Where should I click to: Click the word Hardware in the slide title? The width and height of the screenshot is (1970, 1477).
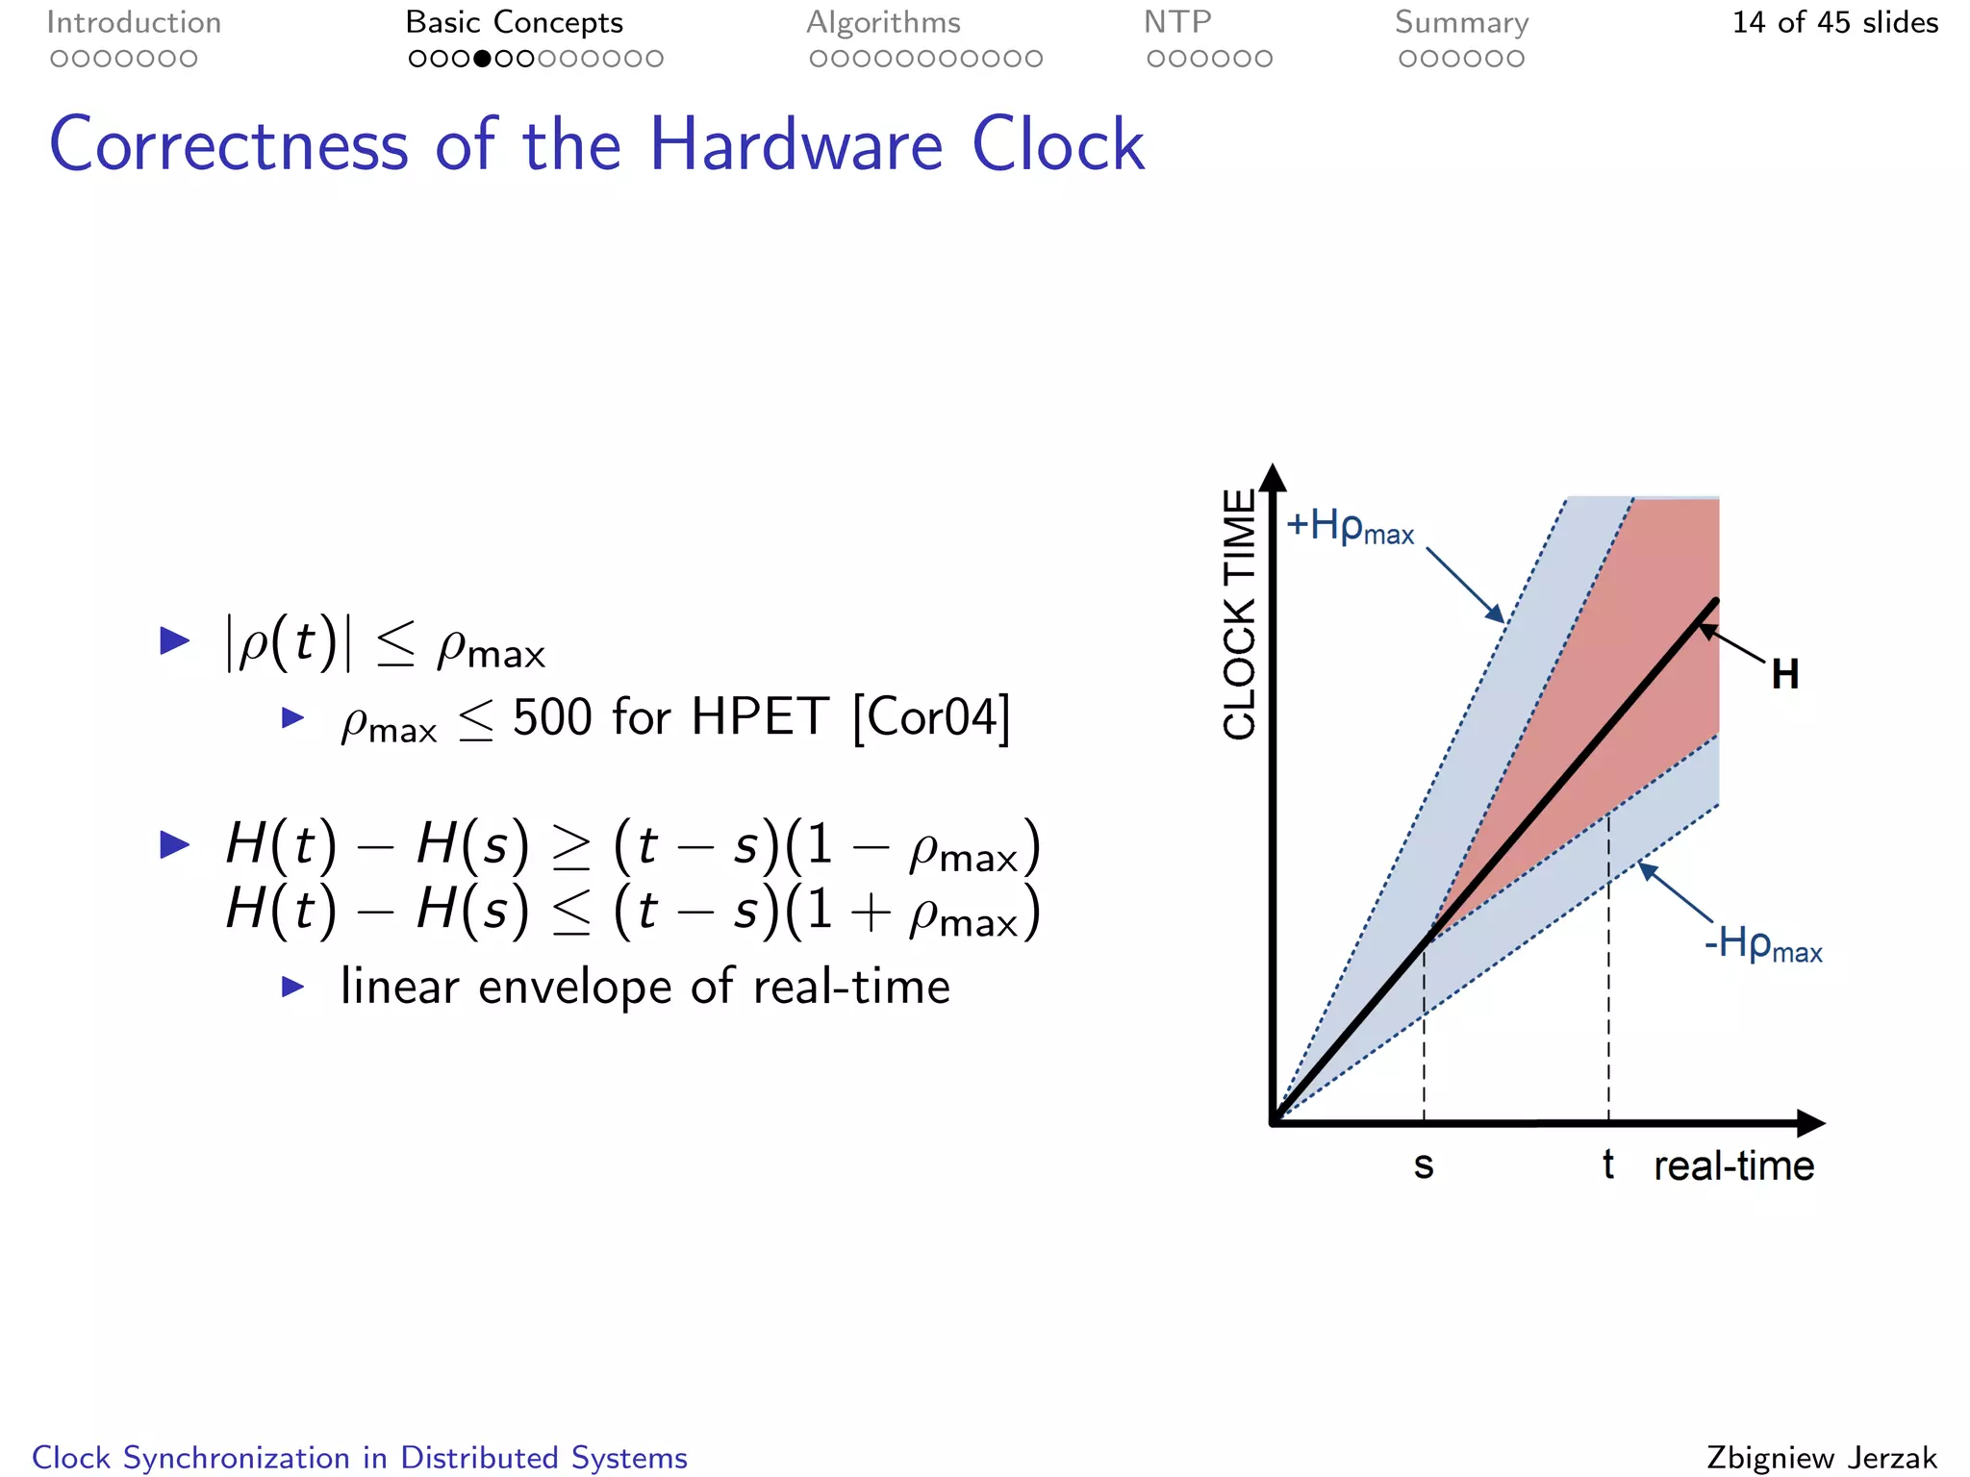[796, 145]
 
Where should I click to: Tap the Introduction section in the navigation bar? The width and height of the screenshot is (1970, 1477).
[134, 22]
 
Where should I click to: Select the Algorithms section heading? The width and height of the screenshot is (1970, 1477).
[883, 22]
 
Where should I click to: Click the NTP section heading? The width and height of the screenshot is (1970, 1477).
[1177, 22]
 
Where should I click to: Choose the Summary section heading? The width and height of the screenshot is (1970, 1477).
[1461, 22]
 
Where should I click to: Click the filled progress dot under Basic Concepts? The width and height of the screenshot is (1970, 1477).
[483, 59]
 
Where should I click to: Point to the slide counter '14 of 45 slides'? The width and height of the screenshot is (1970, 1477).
[1834, 22]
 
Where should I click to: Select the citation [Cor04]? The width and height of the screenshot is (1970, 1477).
[931, 717]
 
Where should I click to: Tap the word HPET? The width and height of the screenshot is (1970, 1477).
[760, 717]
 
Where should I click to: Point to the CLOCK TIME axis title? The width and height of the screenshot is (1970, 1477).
[1240, 614]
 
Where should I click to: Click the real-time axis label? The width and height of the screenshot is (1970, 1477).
[1733, 1165]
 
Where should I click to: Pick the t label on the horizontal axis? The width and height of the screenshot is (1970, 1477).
[1607, 1164]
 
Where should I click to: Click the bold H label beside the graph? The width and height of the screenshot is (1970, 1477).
[1785, 675]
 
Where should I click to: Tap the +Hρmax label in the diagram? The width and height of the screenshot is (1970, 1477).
[1350, 527]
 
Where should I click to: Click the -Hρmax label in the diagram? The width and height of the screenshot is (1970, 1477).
[1762, 944]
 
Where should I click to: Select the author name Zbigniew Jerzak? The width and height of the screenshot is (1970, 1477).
[1822, 1458]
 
